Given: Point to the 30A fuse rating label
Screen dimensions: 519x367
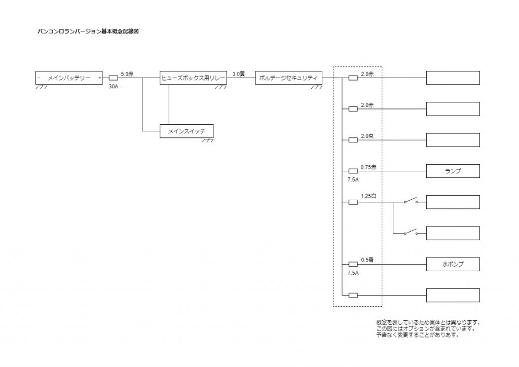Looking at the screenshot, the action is click(114, 87).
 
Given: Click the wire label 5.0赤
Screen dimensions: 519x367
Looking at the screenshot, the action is click(127, 74).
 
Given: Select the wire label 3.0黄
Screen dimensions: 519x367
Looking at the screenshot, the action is click(238, 74).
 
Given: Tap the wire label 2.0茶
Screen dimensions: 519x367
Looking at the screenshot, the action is click(367, 136).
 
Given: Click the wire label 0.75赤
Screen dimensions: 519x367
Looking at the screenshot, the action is click(368, 167).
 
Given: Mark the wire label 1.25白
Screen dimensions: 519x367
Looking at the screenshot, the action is click(368, 196).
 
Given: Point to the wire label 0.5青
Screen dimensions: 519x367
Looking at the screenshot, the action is click(367, 260).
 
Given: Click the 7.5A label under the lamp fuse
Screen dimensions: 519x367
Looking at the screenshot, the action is click(353, 179).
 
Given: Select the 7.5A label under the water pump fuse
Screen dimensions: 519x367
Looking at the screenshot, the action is click(353, 273).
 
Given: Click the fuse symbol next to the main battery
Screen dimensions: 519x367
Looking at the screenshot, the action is click(114, 78).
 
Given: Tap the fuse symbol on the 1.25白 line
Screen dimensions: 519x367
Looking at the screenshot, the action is click(353, 202).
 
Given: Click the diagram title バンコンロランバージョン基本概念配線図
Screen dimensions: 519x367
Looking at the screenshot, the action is click(88, 31).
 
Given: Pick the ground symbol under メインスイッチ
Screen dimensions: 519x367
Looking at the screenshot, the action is click(208, 140).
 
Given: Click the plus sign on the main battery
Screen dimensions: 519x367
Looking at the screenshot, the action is click(100, 78).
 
